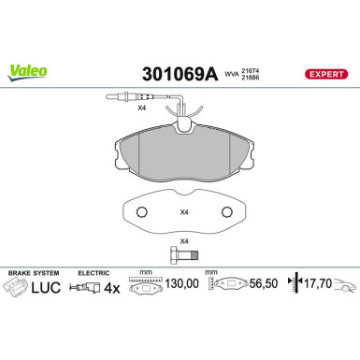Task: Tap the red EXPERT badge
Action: pyautogui.click(x=325, y=73)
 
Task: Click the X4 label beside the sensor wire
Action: pyautogui.click(x=142, y=110)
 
